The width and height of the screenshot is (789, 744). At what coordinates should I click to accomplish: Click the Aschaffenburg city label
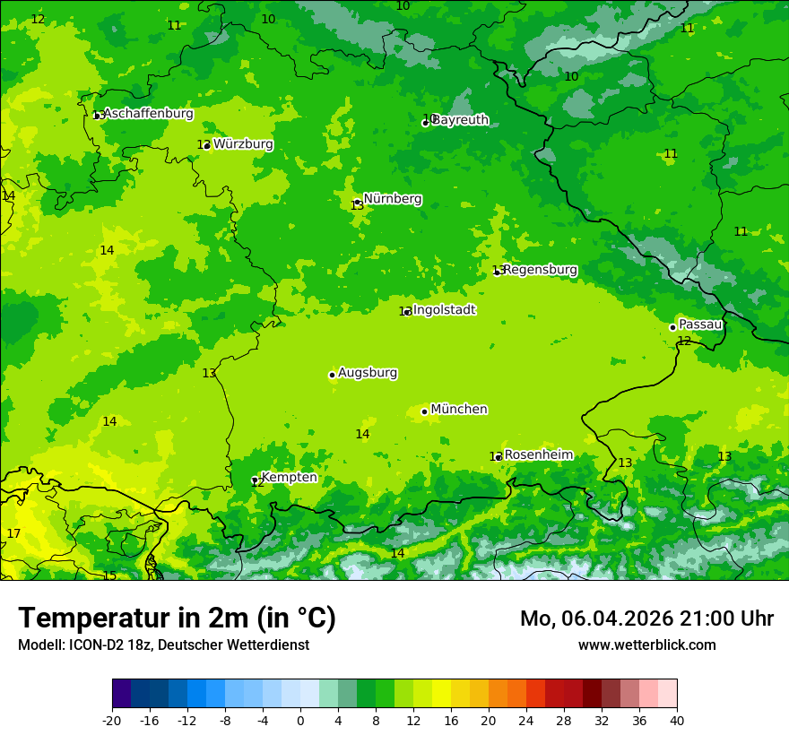click(x=148, y=114)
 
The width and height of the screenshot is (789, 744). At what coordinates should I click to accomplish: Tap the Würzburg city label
click(x=243, y=144)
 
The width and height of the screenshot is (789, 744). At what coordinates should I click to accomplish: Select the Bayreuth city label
click(x=461, y=120)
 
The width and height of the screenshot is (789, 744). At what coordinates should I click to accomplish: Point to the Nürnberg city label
click(x=393, y=199)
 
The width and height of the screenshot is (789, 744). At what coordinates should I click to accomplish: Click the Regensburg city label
click(x=540, y=270)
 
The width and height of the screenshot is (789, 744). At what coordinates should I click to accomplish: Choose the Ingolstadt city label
click(x=445, y=310)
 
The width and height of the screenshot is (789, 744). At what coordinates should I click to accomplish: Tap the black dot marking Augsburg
click(x=332, y=375)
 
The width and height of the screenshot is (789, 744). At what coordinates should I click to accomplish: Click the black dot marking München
click(x=424, y=411)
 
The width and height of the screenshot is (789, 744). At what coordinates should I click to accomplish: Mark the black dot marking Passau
click(x=672, y=327)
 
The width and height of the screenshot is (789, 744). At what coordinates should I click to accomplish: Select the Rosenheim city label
click(x=538, y=455)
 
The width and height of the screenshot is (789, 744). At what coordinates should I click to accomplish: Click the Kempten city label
click(x=289, y=478)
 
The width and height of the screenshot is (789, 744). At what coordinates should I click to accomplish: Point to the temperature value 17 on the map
click(x=13, y=534)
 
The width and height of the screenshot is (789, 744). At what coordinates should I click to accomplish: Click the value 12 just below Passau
click(x=684, y=342)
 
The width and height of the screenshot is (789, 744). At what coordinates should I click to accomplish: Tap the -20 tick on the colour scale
click(x=112, y=720)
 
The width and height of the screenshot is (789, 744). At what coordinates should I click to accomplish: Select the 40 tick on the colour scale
click(x=677, y=720)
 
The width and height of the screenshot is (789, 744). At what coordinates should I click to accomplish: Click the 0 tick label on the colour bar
click(x=300, y=720)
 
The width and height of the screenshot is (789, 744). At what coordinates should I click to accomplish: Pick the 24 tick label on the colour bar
click(x=526, y=720)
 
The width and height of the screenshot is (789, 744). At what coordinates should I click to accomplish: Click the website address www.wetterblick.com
click(x=646, y=645)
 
